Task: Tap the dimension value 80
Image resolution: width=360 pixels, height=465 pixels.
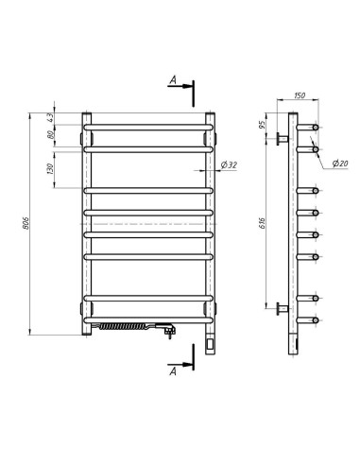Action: coord(50,135)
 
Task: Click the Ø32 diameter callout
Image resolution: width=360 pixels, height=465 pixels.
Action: coord(228,165)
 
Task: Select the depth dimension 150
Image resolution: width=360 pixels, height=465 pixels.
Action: coord(300,95)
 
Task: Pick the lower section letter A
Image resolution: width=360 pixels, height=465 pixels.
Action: coord(173,371)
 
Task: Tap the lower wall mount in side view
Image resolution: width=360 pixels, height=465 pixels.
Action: coord(281,308)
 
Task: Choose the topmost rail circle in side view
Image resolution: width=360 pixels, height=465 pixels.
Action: coord(315,127)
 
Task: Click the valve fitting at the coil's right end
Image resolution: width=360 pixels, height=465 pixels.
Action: coord(167,330)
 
